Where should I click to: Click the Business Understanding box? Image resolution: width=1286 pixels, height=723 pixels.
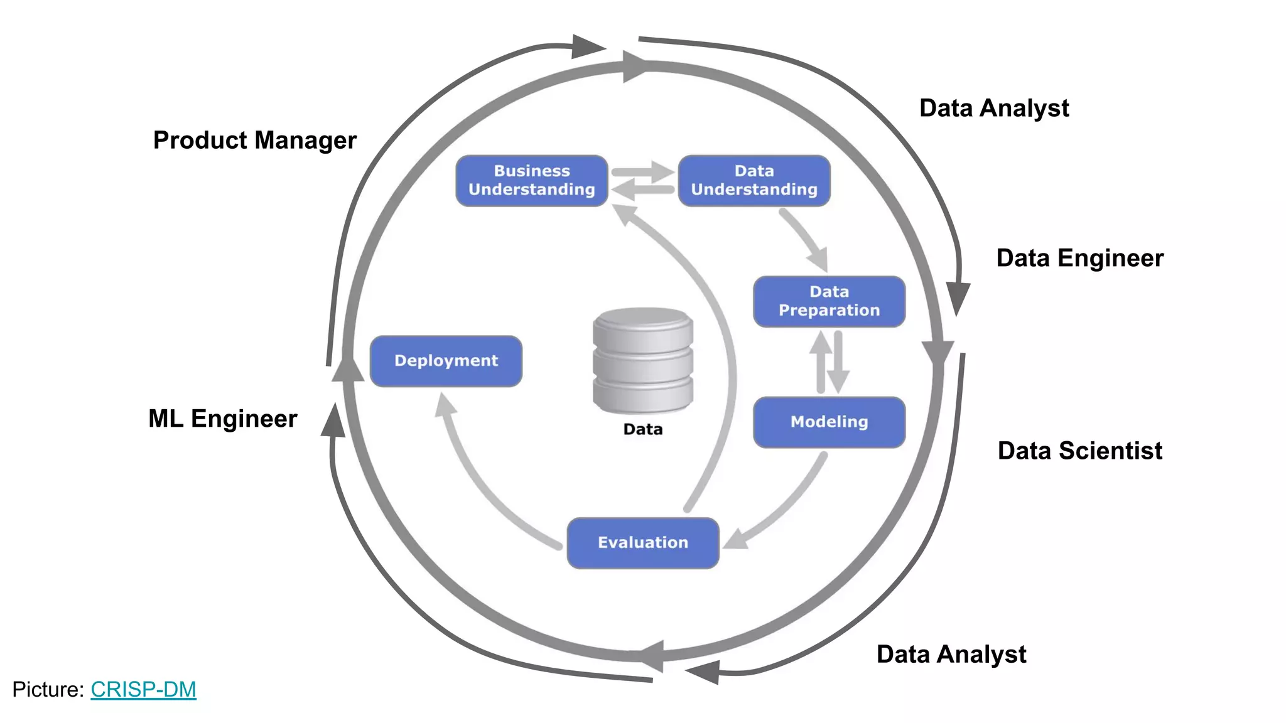[x=531, y=181]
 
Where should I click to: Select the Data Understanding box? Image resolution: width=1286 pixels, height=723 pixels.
[x=754, y=181]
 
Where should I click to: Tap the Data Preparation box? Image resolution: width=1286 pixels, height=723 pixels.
[x=829, y=301]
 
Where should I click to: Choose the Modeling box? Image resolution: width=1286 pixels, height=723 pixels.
[x=829, y=422]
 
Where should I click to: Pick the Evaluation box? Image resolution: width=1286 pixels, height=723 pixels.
[x=642, y=543]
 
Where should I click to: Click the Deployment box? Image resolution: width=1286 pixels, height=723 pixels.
[x=446, y=361]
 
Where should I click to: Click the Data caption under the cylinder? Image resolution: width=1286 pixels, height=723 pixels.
[x=642, y=429]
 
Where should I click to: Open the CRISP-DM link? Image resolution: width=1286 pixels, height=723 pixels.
[x=143, y=689]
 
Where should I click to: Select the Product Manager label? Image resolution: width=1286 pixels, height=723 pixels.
[x=254, y=140]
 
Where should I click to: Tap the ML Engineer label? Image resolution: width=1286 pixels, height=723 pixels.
[x=222, y=419]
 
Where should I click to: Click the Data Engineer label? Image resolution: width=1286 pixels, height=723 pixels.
[x=1079, y=258]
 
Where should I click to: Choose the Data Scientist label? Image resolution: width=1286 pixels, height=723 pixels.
[x=1079, y=451]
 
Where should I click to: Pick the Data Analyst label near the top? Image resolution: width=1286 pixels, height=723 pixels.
[x=993, y=108]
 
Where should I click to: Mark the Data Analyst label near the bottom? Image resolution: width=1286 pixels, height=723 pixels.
[x=951, y=654]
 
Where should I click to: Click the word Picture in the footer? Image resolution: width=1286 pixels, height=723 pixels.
[x=48, y=689]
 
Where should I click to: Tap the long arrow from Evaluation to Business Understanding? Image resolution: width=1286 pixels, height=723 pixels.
[x=722, y=326]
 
